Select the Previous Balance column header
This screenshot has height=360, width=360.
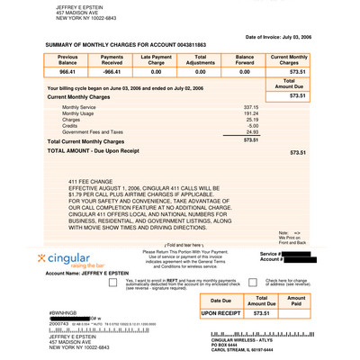tap(67, 58)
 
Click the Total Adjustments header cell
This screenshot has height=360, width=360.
tap(200, 58)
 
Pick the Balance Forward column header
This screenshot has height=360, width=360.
tap(244, 58)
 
